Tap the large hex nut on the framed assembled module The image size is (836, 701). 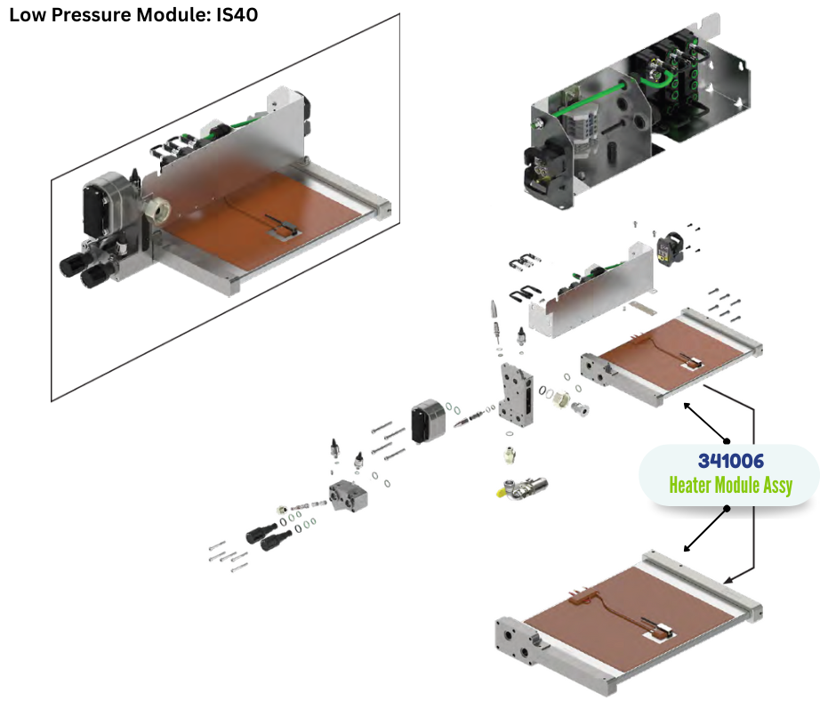coord(158,210)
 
